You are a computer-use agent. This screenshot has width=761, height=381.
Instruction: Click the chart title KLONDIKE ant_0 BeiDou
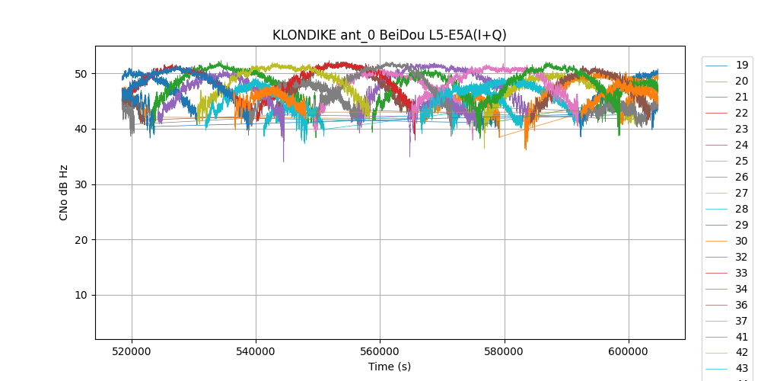point(390,35)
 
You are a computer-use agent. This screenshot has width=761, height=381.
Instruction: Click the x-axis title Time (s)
point(390,367)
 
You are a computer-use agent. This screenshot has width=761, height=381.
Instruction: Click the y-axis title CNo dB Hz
point(64,193)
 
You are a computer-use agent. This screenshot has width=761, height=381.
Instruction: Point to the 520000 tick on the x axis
point(132,353)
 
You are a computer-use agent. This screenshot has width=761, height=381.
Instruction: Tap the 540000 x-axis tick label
point(256,353)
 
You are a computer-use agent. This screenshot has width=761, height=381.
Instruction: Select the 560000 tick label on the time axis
point(380,353)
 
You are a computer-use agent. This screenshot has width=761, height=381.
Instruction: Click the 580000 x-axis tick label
point(504,353)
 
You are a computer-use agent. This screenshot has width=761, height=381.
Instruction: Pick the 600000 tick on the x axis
point(629,353)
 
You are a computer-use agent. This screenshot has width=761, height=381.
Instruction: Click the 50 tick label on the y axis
point(81,74)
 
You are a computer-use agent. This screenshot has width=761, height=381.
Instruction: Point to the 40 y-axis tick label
point(81,129)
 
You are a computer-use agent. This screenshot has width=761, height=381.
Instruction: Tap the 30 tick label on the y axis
point(81,184)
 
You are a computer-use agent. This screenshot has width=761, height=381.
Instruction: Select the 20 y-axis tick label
point(81,240)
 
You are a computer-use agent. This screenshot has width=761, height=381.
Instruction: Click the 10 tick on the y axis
point(81,295)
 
